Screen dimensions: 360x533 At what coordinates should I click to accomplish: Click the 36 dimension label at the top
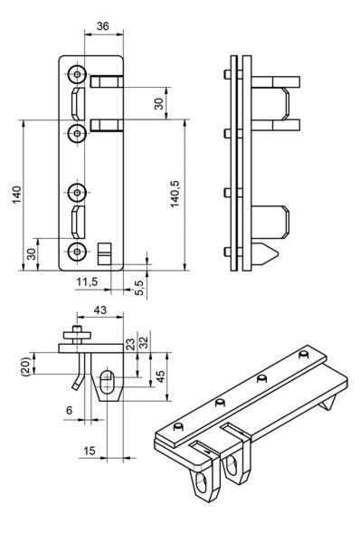coord(102,26)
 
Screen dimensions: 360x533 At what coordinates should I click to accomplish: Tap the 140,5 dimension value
coord(175,193)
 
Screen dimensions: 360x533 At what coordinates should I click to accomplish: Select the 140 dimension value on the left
coord(17,195)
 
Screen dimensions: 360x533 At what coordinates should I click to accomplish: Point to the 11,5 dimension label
coord(87,281)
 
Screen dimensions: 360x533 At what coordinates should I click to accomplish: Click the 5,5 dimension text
coord(140,287)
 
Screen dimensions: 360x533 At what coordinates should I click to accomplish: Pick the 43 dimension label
coord(99,309)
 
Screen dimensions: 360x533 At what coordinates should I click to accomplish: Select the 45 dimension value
coord(160,376)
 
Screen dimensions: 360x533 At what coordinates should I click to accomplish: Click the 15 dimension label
coord(90,451)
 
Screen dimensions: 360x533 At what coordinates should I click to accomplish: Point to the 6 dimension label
coord(70,410)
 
